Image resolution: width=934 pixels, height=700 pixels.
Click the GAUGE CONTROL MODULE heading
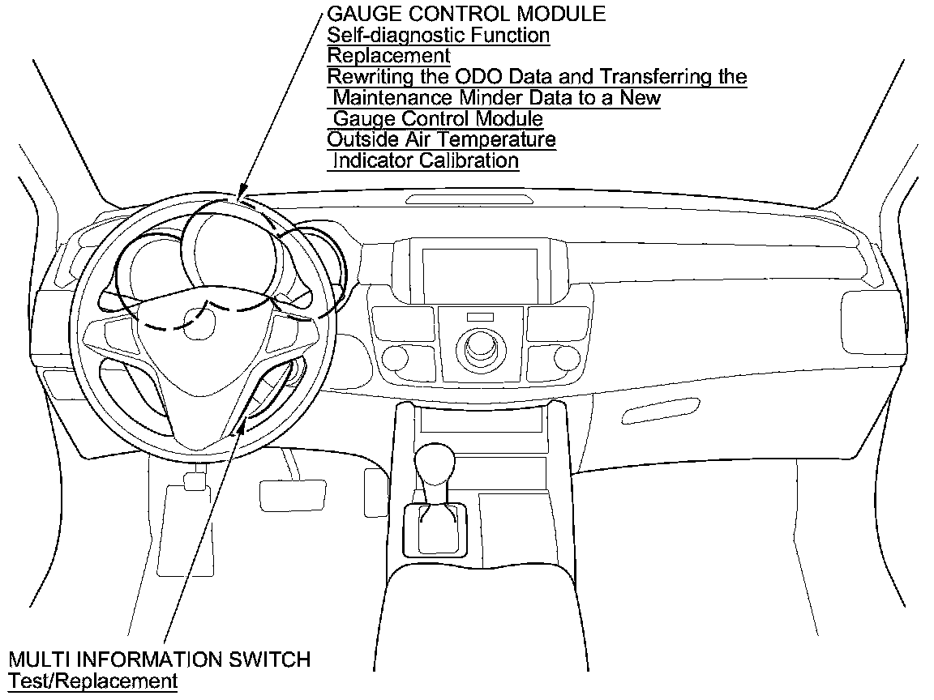tap(465, 14)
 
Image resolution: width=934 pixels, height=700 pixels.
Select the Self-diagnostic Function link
tap(438, 35)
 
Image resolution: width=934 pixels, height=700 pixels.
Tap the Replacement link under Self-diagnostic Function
tap(388, 56)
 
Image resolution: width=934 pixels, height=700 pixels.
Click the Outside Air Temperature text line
tap(441, 139)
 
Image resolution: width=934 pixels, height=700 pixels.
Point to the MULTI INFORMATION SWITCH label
tap(159, 659)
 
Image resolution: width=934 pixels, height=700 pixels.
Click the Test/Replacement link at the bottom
tap(92, 681)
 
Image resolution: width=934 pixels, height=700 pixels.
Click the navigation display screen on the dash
tap(479, 275)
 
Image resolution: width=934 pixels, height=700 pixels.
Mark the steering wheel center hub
tap(197, 324)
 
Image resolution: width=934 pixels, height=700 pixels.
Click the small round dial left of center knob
tap(396, 356)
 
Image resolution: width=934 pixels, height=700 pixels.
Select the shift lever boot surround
tap(435, 529)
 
